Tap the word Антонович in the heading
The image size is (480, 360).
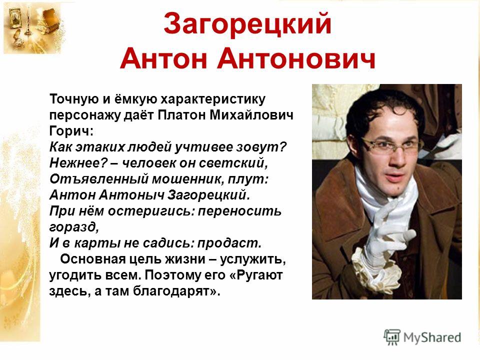pos(296,59)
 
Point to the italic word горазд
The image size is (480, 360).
pos(74,227)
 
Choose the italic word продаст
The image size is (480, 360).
pos(229,243)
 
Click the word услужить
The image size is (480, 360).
pos(253,259)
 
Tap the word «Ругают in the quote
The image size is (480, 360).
pos(256,275)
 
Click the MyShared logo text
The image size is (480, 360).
pos(432,337)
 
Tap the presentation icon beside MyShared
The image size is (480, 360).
pos(392,337)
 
